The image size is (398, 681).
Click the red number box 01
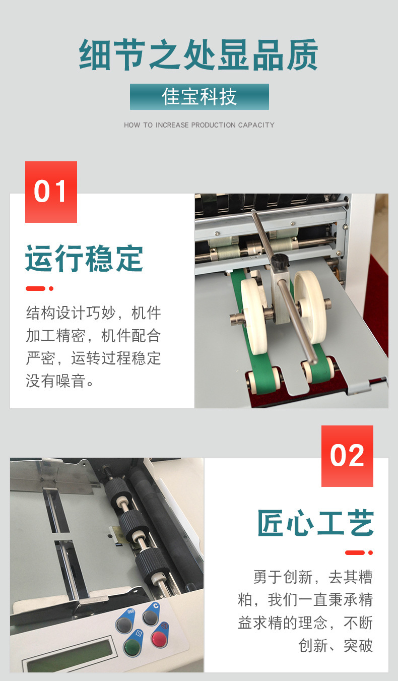point(51,192)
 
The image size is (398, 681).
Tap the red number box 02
point(347,456)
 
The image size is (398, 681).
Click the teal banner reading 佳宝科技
point(199,97)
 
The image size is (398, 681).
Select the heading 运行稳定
point(84,259)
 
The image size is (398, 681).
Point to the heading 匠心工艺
point(315,523)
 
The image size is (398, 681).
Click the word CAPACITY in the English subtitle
point(256,125)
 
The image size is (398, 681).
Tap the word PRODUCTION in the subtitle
point(214,125)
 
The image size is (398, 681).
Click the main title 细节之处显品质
point(199,55)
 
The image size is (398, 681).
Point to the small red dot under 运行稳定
point(51,289)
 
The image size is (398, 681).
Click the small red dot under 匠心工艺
point(370,552)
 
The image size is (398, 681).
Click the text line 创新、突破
point(336,645)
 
